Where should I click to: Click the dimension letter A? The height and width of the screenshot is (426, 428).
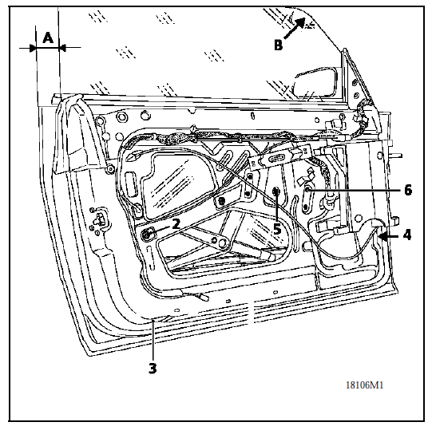click(x=48, y=38)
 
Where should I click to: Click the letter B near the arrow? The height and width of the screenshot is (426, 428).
click(x=278, y=45)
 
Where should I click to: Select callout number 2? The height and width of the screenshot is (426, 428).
click(x=176, y=224)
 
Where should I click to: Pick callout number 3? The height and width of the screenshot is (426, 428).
click(x=153, y=368)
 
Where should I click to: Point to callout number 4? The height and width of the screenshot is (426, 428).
click(x=407, y=235)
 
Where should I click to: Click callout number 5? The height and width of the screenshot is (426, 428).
click(x=277, y=228)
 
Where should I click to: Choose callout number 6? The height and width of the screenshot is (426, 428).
click(x=408, y=190)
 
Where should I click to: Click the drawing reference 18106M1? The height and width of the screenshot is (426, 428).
click(x=365, y=385)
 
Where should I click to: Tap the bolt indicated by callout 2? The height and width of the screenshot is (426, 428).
click(x=147, y=234)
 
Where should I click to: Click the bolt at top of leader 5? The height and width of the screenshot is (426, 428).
click(x=276, y=191)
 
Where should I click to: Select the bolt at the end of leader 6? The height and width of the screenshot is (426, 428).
click(x=307, y=190)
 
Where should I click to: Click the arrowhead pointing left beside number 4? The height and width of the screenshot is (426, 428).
click(x=383, y=236)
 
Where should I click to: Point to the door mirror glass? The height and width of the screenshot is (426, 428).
click(x=314, y=83)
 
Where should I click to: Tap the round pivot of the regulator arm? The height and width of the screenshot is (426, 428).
click(x=224, y=243)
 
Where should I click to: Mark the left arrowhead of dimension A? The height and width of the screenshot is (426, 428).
click(x=33, y=49)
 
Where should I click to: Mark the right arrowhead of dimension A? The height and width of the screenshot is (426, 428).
click(x=62, y=49)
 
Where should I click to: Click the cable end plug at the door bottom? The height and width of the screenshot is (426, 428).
click(x=204, y=297)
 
